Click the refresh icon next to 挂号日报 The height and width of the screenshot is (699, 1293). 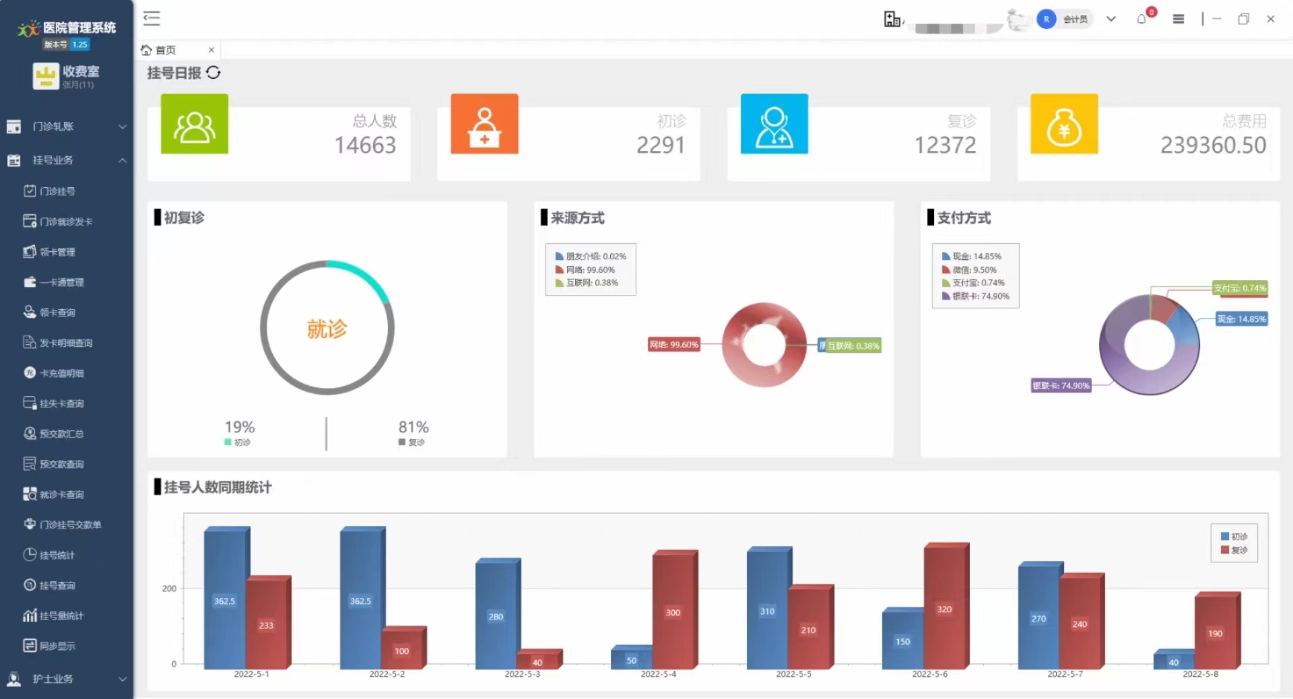[x=213, y=73]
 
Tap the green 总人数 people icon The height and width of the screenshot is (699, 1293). [x=194, y=125]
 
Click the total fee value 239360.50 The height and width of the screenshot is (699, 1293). [x=1213, y=145]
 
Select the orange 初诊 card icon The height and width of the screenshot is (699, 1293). [x=484, y=125]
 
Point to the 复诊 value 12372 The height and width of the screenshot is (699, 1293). [x=945, y=145]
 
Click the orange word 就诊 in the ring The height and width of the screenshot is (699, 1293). [x=327, y=329]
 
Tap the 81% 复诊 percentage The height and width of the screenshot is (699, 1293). [x=413, y=427]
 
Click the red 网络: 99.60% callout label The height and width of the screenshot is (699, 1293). [x=673, y=345]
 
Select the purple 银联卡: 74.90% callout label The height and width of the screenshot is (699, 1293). [x=1061, y=386]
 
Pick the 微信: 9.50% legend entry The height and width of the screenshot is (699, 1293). [x=974, y=270]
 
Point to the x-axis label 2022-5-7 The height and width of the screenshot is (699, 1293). [x=1065, y=674]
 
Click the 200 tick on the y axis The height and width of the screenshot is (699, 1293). [x=169, y=589]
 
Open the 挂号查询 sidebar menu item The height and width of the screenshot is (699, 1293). [x=57, y=585]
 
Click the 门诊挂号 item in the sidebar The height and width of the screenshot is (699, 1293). [x=57, y=191]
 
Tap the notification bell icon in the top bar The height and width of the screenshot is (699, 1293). [x=1141, y=20]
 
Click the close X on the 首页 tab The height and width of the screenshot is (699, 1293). [x=211, y=50]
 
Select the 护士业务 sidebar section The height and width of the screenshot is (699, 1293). [x=53, y=679]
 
